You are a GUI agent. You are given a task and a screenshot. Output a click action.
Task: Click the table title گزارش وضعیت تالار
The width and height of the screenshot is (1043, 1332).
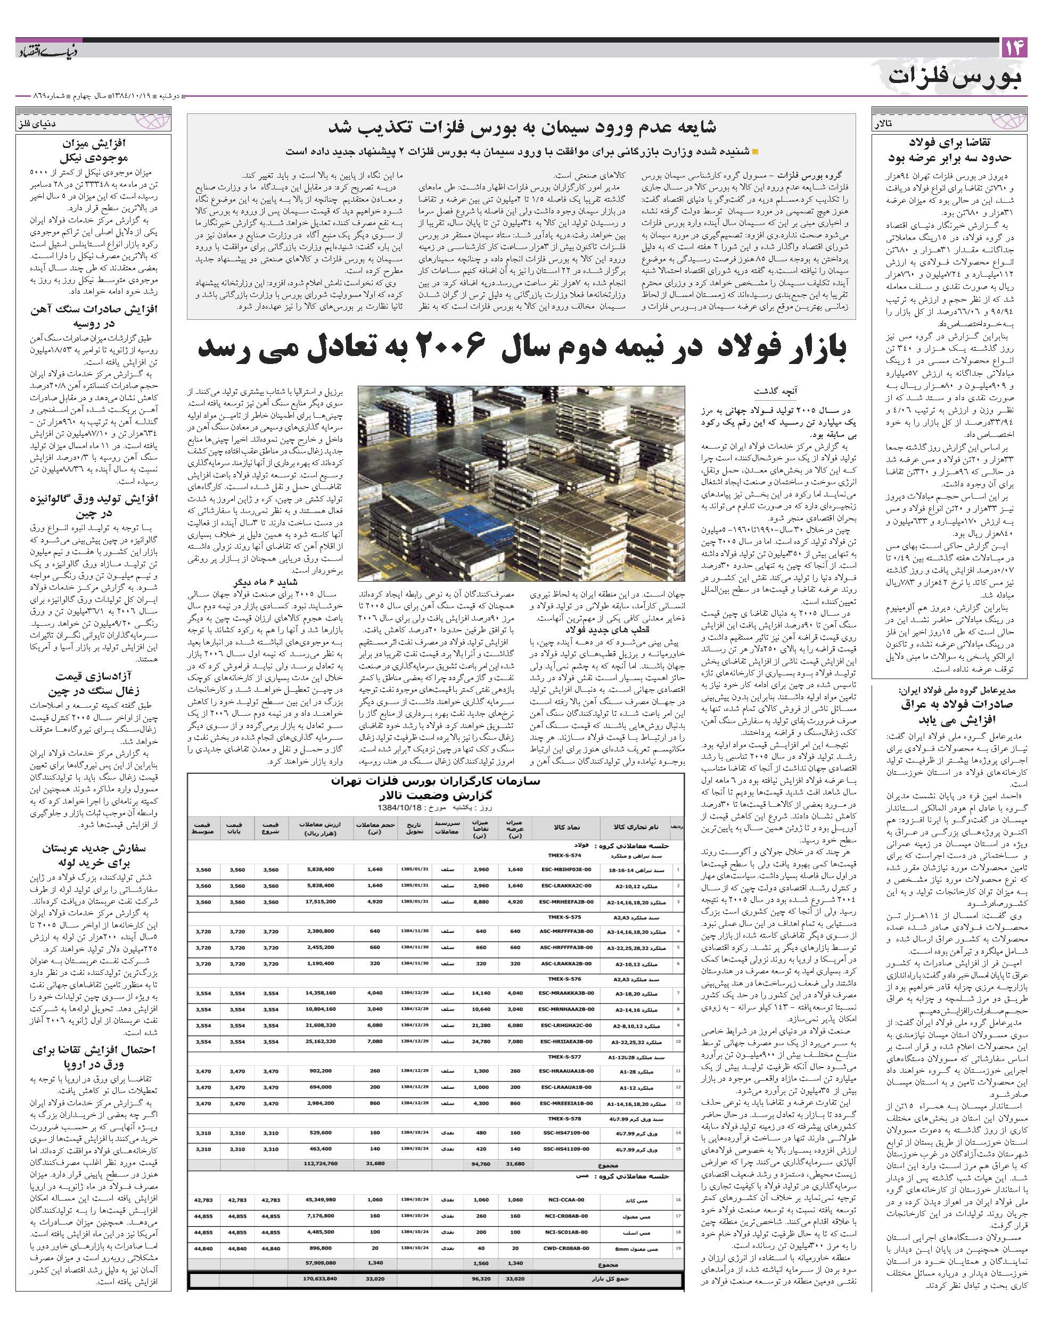click(435, 797)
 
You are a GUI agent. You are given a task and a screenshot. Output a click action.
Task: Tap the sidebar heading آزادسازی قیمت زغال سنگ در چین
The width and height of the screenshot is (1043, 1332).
click(95, 684)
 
